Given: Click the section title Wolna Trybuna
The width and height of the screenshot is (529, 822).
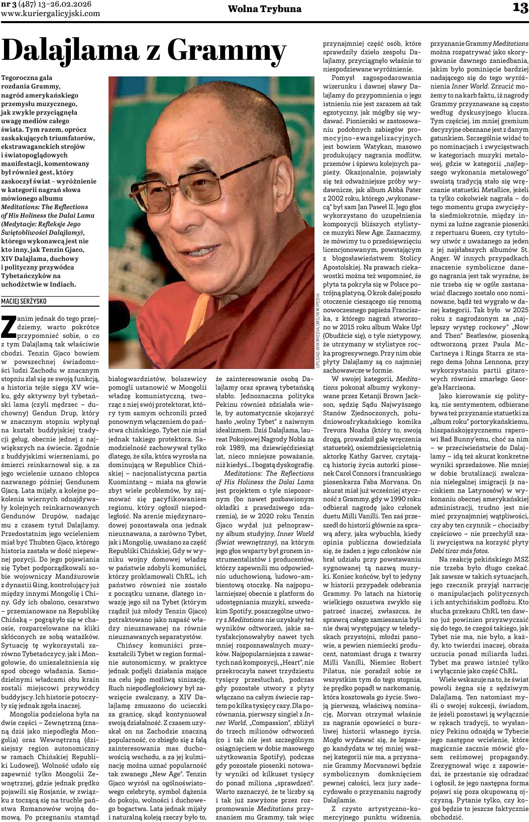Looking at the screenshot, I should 265,9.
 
